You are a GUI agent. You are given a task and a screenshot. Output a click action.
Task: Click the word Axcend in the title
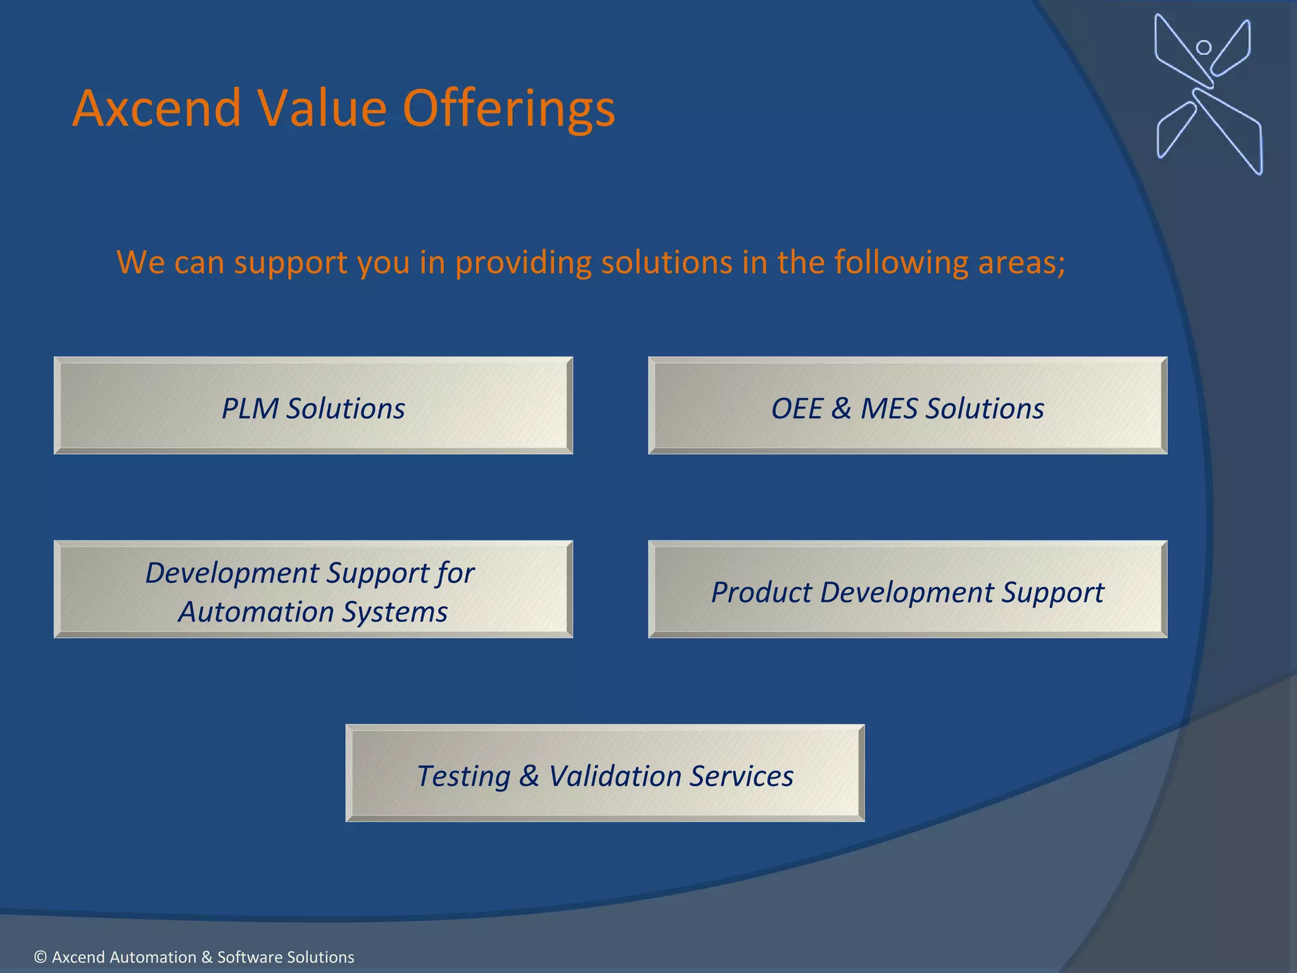point(156,109)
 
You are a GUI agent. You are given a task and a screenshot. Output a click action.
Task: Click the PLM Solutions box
point(313,406)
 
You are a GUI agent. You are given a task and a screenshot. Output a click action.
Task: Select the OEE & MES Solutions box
point(908,406)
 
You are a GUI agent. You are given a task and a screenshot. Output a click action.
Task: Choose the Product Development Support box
point(908,590)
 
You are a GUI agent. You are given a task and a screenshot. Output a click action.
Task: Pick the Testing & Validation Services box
point(605,773)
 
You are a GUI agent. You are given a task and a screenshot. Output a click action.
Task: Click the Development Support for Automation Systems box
point(313,590)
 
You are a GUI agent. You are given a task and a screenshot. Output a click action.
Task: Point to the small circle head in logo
point(1203,48)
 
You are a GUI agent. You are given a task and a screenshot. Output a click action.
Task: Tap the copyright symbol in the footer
point(41,957)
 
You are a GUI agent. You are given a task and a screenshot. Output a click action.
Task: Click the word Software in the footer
point(247,957)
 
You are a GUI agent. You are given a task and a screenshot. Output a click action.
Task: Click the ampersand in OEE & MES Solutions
point(840,409)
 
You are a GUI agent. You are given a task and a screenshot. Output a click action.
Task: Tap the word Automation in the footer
point(123,957)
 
